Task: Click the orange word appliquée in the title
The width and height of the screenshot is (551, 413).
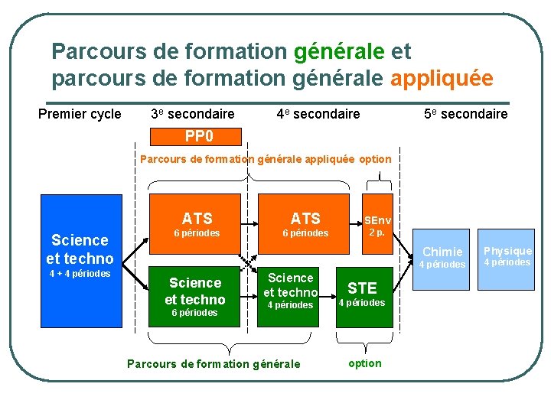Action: click(442, 78)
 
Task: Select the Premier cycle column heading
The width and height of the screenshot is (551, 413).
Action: click(80, 114)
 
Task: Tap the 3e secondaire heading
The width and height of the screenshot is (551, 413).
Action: click(192, 114)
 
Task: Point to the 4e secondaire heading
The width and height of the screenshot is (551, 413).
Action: click(318, 114)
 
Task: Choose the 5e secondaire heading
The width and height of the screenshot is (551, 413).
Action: click(465, 114)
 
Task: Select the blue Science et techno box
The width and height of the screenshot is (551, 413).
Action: click(80, 249)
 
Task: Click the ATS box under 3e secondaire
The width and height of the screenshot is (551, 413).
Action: click(196, 223)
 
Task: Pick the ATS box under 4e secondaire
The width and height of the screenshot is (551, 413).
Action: click(305, 223)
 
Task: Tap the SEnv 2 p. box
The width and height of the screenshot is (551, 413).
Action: click(377, 226)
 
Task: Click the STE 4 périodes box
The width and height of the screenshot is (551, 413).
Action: click(361, 294)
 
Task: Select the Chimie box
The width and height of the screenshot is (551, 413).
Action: click(442, 257)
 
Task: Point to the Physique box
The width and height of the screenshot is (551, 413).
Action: click(507, 256)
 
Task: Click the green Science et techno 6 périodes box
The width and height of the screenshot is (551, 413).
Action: click(196, 295)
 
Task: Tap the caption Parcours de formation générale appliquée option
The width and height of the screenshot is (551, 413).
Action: click(266, 160)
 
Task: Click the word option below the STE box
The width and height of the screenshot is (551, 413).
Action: click(364, 363)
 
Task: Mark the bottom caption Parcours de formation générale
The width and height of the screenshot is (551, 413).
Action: click(214, 364)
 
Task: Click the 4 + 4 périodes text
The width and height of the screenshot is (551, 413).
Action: click(80, 274)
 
